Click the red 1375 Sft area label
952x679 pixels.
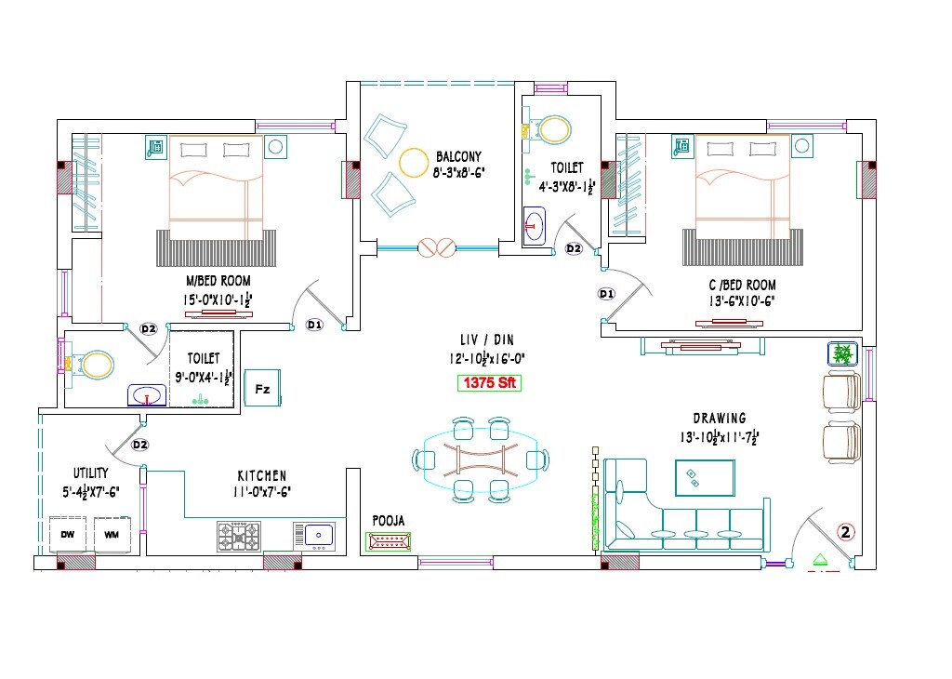click(489, 382)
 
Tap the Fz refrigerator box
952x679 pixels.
click(262, 389)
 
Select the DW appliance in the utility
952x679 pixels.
click(67, 535)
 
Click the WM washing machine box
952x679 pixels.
click(112, 535)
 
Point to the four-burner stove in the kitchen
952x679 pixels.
click(239, 537)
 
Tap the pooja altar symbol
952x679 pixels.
click(388, 541)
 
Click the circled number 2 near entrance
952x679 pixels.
click(845, 532)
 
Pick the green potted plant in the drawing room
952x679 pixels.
click(842, 353)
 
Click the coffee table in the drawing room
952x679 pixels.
click(705, 478)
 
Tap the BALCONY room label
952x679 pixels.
click(458, 156)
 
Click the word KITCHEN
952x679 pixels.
click(261, 475)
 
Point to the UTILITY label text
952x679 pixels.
click(91, 473)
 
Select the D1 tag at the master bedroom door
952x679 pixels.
click(314, 325)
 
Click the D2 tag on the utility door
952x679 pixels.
click(139, 445)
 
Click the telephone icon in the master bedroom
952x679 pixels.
click(156, 147)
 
